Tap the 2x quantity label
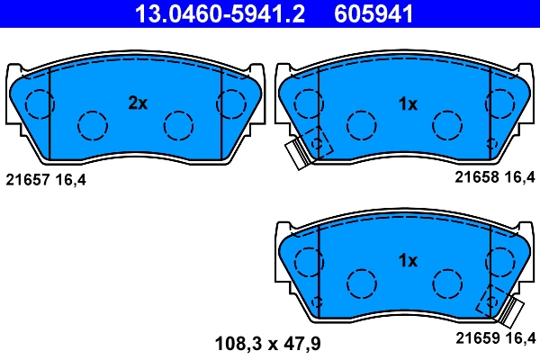pyautogui.click(x=137, y=103)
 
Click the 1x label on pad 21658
pyautogui.click(x=408, y=103)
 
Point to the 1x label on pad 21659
pyautogui.click(x=408, y=261)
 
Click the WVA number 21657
pyautogui.click(x=26, y=180)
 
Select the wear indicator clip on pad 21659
pyautogui.click(x=512, y=311)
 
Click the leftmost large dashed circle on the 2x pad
pyautogui.click(x=38, y=105)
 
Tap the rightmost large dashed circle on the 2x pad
pyautogui.click(x=232, y=104)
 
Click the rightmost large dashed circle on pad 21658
pyautogui.click(x=500, y=104)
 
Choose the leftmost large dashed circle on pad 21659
pyautogui.click(x=310, y=262)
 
